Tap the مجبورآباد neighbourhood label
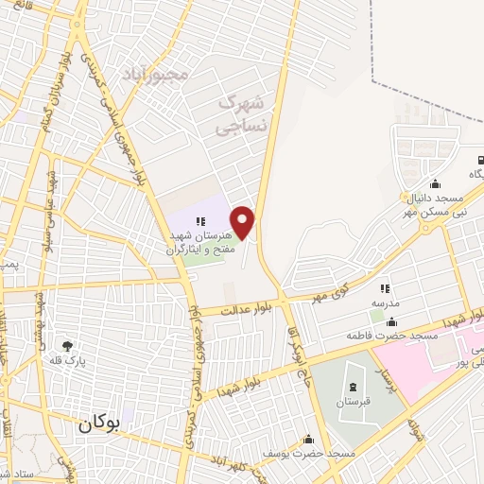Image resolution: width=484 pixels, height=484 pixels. (x=157, y=73)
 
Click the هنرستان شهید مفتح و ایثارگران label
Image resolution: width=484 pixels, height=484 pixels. (x=199, y=243)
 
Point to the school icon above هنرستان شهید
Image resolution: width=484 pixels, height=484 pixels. (x=199, y=221)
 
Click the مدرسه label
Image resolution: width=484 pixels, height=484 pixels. (x=385, y=302)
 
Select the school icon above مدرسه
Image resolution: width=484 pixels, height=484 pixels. (x=385, y=288)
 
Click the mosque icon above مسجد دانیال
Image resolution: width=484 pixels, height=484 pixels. (x=434, y=184)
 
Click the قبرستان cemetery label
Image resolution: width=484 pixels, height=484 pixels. (x=353, y=402)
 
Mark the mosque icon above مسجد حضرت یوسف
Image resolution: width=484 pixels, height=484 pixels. (x=308, y=440)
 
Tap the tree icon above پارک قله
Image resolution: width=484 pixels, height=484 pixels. (x=66, y=346)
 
